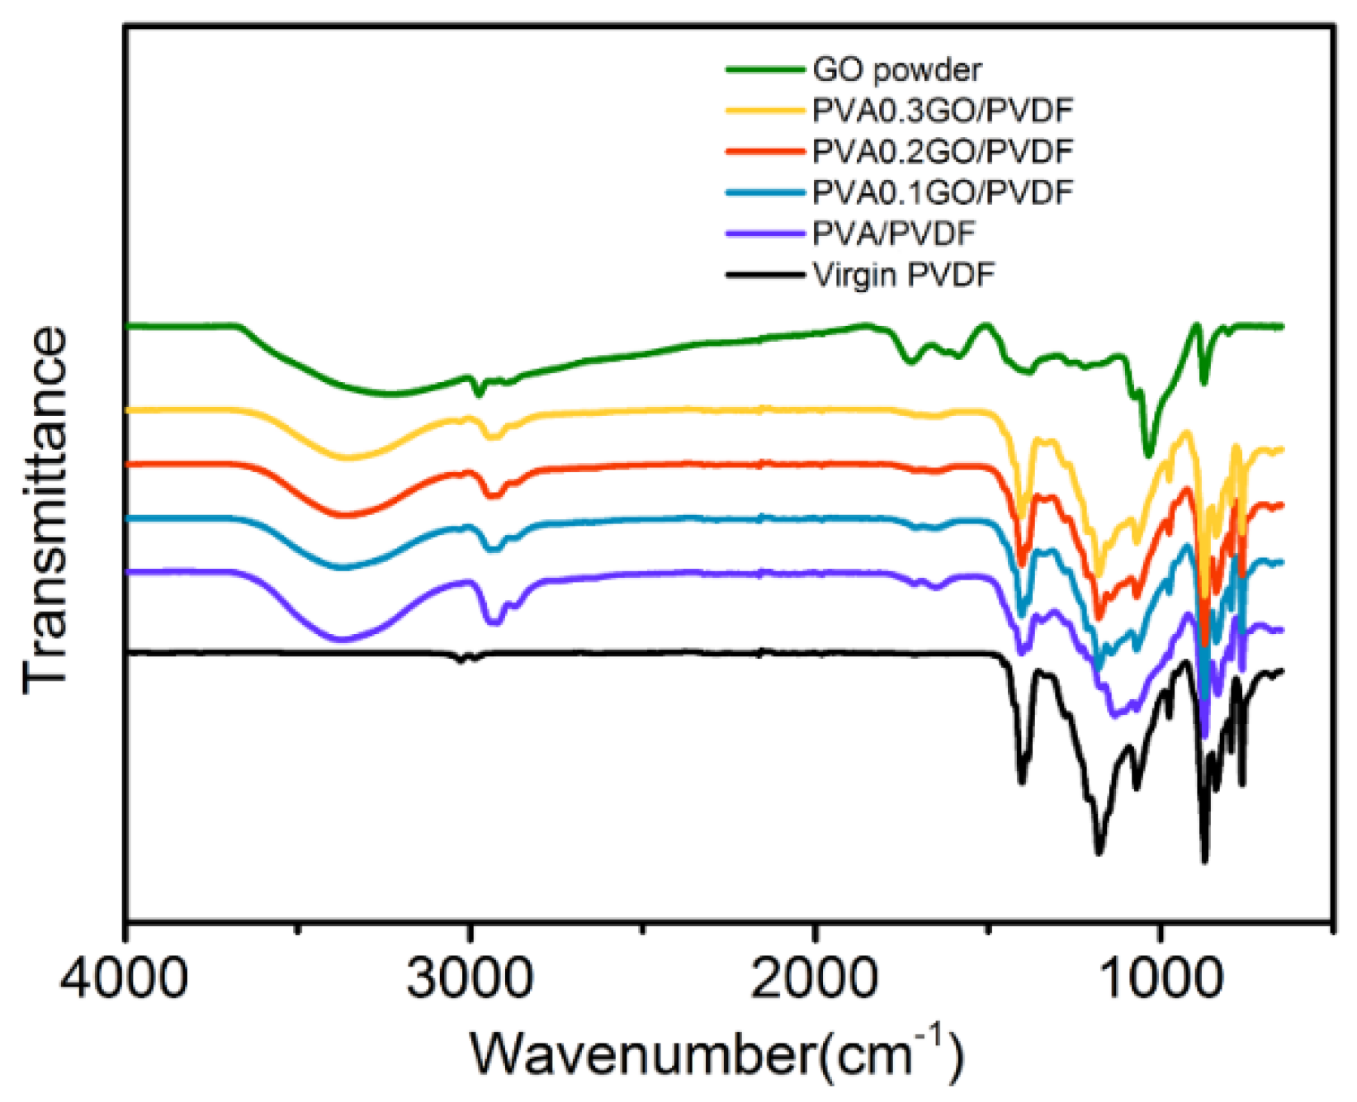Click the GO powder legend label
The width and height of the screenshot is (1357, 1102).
[896, 70]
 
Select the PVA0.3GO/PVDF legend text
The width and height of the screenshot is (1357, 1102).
[943, 111]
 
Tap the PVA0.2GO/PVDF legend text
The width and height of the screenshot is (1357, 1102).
[943, 152]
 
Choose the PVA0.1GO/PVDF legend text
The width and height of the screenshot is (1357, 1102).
[943, 192]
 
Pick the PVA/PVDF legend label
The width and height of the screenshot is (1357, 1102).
[893, 234]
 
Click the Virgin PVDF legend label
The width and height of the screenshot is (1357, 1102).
[903, 275]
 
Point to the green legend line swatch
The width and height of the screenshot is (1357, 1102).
[764, 70]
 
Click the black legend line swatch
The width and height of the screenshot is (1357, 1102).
[764, 275]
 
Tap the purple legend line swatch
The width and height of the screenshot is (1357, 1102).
[764, 234]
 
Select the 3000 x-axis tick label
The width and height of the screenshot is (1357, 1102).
[470, 979]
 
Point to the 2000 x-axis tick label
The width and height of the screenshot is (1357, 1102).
[816, 979]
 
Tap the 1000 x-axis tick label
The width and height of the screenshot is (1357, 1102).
[1161, 979]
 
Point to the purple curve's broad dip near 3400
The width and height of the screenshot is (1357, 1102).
[343, 639]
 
